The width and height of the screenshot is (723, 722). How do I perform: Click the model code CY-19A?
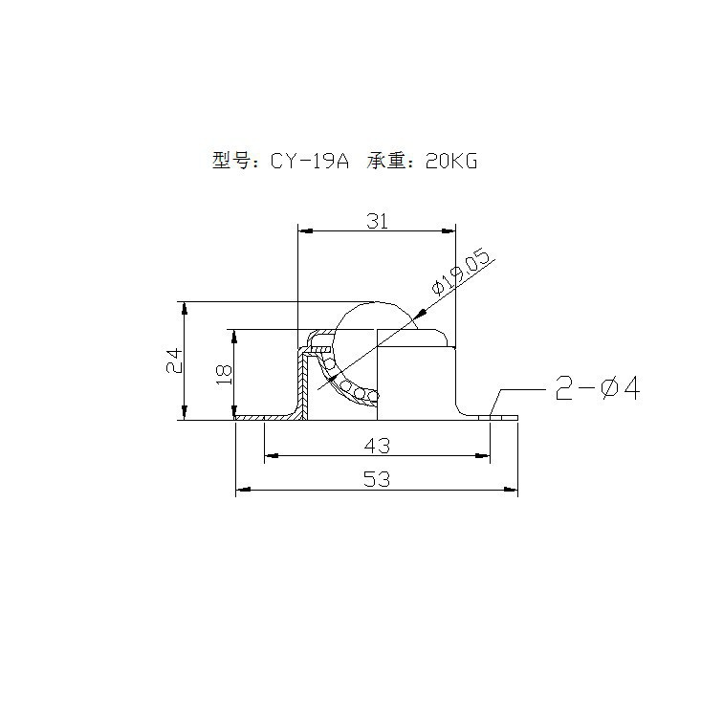[309, 161]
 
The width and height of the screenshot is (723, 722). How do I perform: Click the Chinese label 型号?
[231, 161]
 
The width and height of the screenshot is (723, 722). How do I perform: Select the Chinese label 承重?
[388, 161]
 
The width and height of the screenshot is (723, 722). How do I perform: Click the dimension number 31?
[377, 220]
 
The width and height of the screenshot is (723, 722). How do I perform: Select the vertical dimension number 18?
[225, 373]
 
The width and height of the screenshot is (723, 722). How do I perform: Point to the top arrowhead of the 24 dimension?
[183, 308]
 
